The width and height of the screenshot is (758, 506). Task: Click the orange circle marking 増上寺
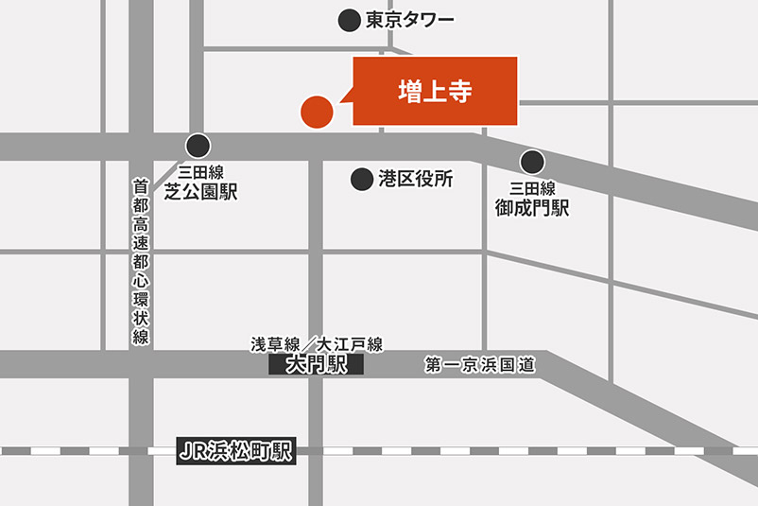coord(317,111)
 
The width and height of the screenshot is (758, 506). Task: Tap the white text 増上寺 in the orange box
coord(434,91)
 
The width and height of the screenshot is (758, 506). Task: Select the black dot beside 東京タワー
coord(350,19)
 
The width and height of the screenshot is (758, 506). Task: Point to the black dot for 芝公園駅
coord(198,146)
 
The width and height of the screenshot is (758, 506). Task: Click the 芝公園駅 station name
coord(200,192)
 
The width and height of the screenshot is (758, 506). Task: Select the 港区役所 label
coord(416,178)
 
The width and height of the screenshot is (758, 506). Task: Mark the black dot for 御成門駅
coord(532,162)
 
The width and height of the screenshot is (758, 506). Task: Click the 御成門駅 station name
coord(532,208)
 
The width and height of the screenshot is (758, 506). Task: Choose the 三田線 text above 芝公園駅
coord(200,172)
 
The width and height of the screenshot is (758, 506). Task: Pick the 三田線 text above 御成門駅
coord(532,188)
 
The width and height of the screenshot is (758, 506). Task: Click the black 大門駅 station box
coord(316,365)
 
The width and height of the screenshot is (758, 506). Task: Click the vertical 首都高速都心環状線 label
coord(140,263)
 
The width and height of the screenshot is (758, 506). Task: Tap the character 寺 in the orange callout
coord(459,91)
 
